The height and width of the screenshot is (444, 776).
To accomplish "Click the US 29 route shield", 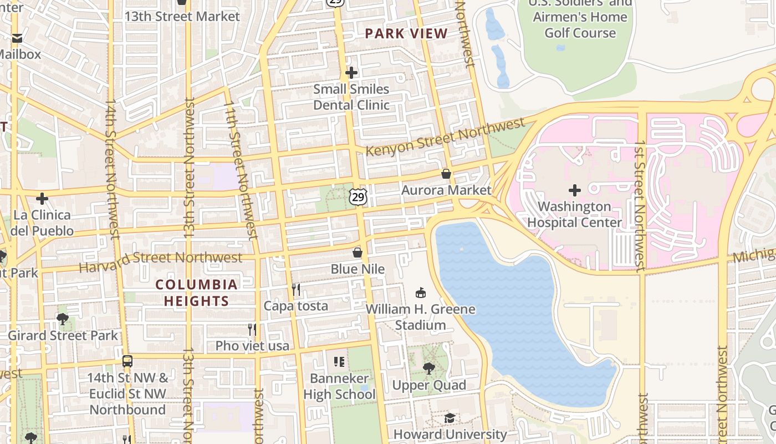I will point(358,196).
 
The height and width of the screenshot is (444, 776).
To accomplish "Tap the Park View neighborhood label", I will point(406,34).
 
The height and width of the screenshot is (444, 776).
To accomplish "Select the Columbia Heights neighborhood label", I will point(196,293).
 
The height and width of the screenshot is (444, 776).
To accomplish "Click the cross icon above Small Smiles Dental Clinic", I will point(351,73).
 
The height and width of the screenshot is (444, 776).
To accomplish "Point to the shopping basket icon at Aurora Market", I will point(446,174).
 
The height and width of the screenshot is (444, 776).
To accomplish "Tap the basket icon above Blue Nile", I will point(358,253).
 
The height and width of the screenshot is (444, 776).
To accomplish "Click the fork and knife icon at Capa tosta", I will point(296,289).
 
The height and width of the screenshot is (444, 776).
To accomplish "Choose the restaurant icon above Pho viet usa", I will point(252,329).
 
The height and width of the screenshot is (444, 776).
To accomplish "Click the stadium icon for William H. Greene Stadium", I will point(421,292).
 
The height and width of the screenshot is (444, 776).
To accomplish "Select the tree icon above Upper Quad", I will point(428,368).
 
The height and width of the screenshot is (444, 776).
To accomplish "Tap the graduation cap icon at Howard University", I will point(450,418).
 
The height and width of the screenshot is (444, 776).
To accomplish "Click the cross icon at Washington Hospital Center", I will point(575,190).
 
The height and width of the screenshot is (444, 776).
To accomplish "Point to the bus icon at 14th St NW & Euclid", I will point(127,361).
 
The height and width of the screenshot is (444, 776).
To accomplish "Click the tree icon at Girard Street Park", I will point(63,319).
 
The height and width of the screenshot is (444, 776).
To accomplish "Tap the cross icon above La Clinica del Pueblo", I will point(42,199).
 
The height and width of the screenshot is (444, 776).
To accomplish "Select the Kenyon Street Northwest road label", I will point(445,137).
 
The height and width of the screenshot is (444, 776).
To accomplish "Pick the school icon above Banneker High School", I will point(339,362).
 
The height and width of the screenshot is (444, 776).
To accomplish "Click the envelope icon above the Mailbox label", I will point(17,38).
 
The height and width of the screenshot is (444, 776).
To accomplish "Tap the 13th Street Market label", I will point(182,16).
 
